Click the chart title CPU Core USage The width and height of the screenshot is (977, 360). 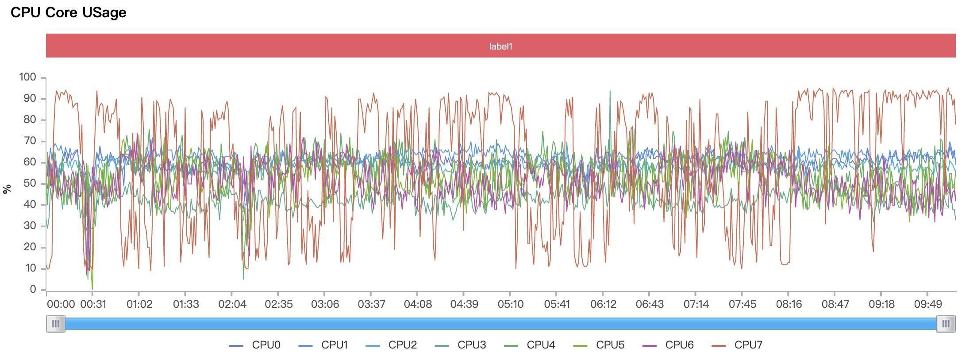(x=69, y=12)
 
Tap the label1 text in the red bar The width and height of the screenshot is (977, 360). (x=500, y=46)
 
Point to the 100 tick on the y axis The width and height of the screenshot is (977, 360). (x=27, y=77)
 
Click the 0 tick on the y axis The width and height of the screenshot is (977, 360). (x=33, y=290)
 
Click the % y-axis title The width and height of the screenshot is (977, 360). (x=7, y=189)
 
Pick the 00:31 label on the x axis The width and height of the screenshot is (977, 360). (x=93, y=304)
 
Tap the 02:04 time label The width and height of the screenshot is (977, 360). (x=232, y=304)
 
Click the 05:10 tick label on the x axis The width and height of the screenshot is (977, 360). (x=511, y=304)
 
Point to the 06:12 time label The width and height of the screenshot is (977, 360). (x=603, y=304)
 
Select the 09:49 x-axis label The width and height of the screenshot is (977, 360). (x=928, y=304)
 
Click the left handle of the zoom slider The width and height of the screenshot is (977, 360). (x=56, y=324)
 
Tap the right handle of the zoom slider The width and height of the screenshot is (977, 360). (x=946, y=324)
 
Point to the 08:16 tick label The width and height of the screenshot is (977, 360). (x=789, y=304)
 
